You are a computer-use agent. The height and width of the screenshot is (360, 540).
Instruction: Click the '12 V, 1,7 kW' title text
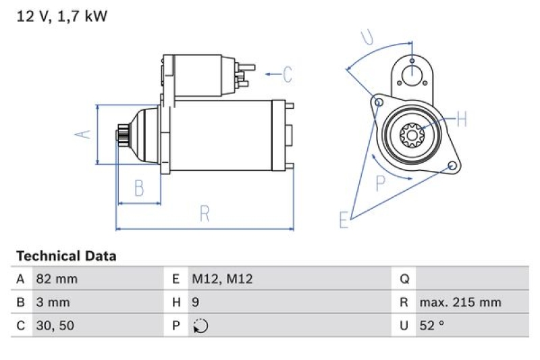[x=61, y=16]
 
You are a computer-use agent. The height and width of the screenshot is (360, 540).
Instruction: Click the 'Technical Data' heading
[x=66, y=256]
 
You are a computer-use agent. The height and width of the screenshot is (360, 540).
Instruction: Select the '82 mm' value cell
[x=57, y=279]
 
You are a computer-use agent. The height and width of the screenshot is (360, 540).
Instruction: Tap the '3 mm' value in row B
[x=52, y=302]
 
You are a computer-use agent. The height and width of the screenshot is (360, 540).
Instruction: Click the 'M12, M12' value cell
[x=222, y=279]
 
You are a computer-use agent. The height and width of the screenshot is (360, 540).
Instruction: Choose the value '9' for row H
[x=196, y=302]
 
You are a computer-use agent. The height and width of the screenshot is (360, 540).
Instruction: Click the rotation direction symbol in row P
[x=200, y=326]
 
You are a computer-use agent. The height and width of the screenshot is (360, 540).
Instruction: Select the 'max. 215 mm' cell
[x=460, y=302]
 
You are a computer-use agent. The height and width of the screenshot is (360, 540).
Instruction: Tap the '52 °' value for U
[x=432, y=326]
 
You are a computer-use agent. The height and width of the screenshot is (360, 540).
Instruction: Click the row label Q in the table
[x=405, y=279]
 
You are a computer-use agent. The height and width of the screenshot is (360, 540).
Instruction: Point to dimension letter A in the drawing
[x=82, y=134]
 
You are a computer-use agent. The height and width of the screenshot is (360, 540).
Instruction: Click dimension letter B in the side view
[x=139, y=188]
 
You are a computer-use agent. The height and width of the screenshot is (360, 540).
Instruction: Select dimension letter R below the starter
[x=205, y=214]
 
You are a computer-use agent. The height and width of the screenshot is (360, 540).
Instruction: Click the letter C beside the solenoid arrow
[x=288, y=74]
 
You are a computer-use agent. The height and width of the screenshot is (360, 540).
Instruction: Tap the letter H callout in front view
[x=462, y=120]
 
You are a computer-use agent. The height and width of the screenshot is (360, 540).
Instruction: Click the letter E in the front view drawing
[x=343, y=220]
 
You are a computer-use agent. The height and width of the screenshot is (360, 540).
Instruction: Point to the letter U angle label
[x=367, y=38]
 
